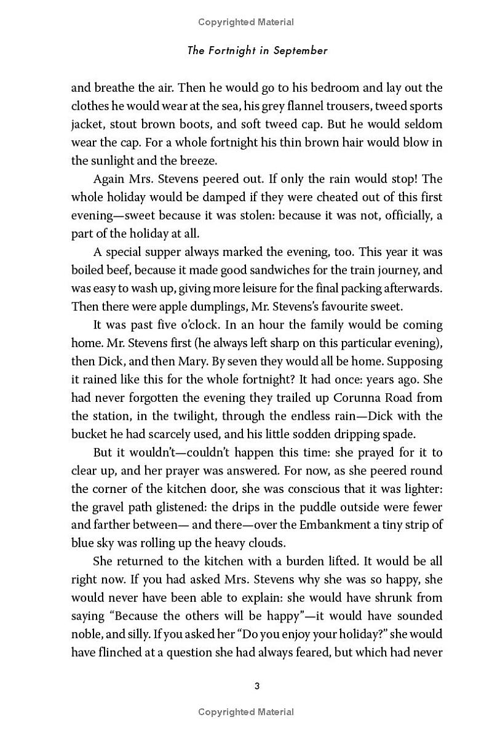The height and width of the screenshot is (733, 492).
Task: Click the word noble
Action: coord(87,634)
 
